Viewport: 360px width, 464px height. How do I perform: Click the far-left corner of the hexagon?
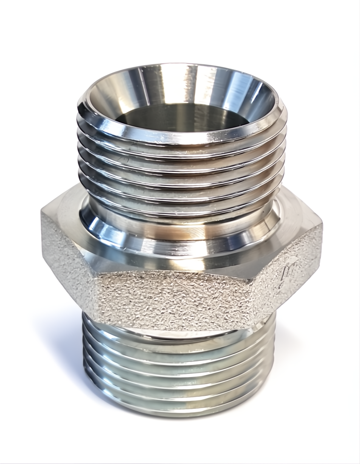(x=42, y=213)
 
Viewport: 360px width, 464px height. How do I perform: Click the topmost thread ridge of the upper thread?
(x=181, y=140)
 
